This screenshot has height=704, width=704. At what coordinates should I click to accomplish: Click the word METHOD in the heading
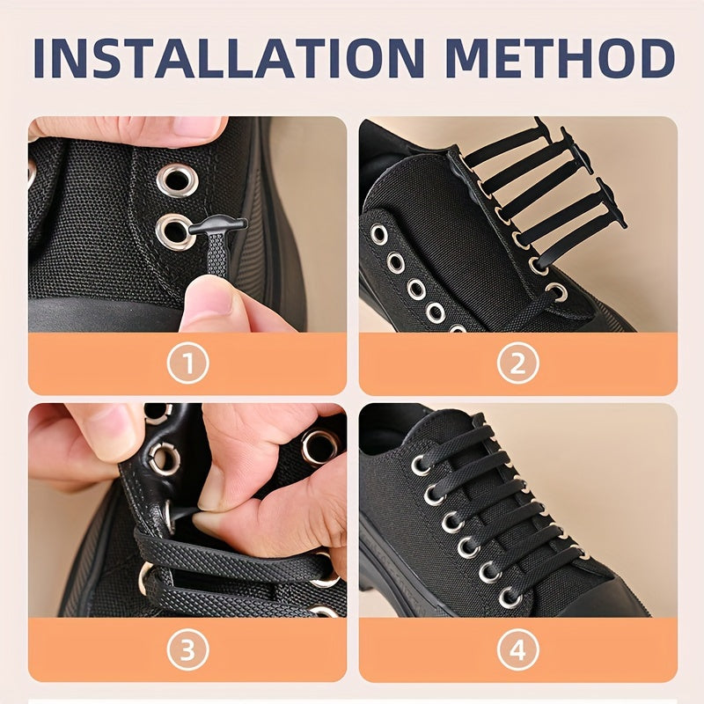pyautogui.click(x=561, y=58)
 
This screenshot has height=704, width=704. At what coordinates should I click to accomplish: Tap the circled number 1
pyautogui.click(x=187, y=363)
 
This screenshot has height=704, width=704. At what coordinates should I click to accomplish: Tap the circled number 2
pyautogui.click(x=517, y=363)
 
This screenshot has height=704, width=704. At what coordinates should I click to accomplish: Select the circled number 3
pyautogui.click(x=187, y=650)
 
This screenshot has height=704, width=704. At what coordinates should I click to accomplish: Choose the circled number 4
pyautogui.click(x=517, y=650)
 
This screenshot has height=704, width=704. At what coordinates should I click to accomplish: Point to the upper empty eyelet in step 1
pyautogui.click(x=177, y=180)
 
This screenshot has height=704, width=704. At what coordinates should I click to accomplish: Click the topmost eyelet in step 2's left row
pyautogui.click(x=378, y=234)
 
